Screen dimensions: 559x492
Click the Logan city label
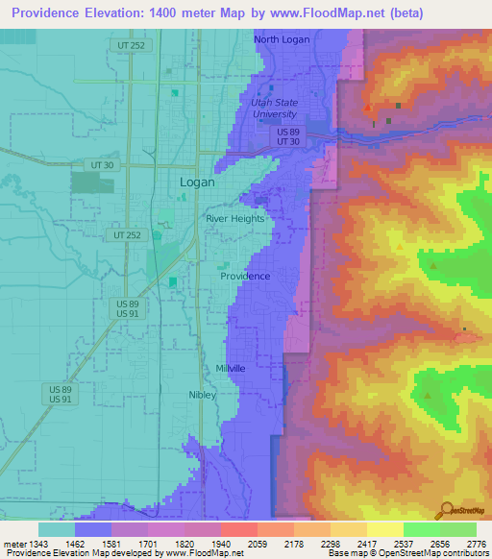197,182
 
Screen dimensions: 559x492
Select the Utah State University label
275,108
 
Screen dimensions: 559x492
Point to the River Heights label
234,219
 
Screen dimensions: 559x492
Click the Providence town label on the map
245,276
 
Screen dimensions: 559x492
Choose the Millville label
231,369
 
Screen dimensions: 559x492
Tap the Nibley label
203,395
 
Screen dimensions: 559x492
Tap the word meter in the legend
15,543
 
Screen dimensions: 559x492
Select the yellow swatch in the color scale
384,529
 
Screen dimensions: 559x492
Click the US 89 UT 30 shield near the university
289,136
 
